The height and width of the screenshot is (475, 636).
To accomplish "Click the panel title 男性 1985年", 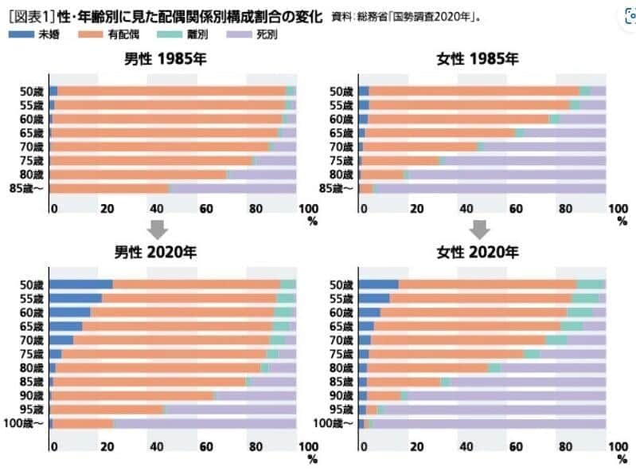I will tap(159, 59).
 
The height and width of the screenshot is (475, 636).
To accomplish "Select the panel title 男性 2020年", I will tap(159, 253).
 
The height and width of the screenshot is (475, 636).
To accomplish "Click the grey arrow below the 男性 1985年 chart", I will tap(158, 230).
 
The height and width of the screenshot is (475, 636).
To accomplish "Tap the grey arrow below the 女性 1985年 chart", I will tap(478, 230).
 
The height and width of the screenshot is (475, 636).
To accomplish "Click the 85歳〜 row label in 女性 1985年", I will tap(335, 189).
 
